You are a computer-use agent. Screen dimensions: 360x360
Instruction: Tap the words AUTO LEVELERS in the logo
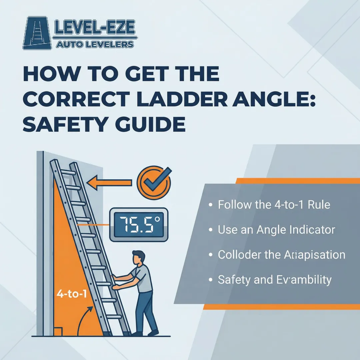point(95,44)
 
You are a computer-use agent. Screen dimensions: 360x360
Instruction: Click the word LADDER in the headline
point(178,99)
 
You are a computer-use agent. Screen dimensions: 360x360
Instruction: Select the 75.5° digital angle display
point(139,225)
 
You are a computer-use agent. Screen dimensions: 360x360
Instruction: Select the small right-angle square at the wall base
point(58,332)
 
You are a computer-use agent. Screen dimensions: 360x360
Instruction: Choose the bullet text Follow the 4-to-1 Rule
point(274,204)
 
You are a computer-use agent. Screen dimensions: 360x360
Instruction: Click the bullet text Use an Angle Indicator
point(276,230)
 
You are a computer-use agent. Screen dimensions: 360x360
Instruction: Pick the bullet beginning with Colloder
point(281,255)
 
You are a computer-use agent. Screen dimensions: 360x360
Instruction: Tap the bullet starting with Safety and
point(275,280)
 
